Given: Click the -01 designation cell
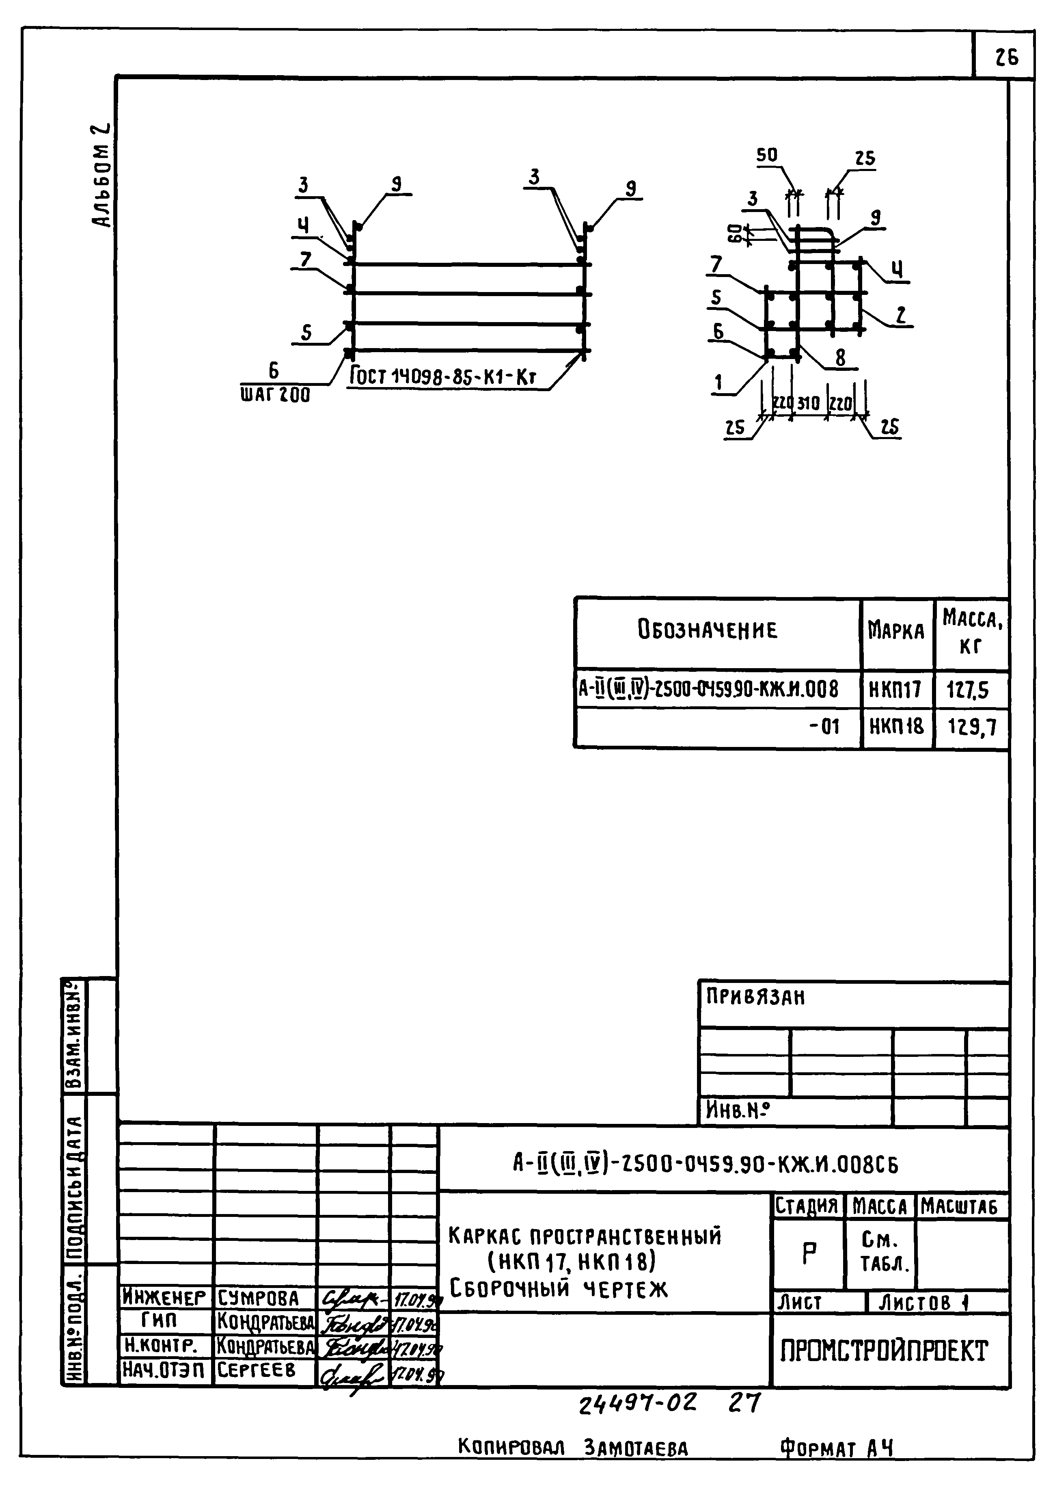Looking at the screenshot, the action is point(824,726).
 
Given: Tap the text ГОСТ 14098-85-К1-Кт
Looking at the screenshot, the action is point(443,376).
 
